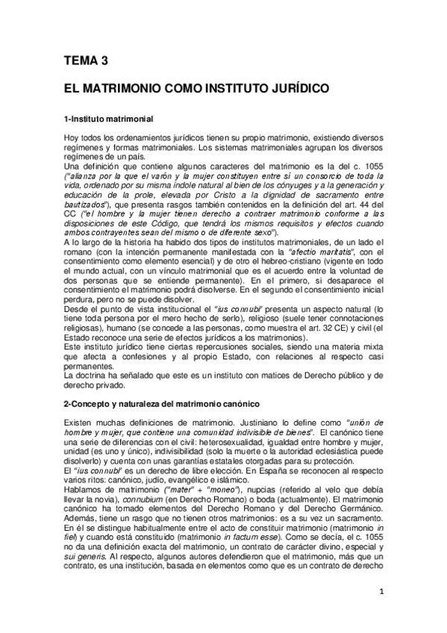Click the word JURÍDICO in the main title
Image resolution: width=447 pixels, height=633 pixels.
(x=295, y=88)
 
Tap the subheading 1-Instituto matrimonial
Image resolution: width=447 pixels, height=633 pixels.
(x=108, y=119)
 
